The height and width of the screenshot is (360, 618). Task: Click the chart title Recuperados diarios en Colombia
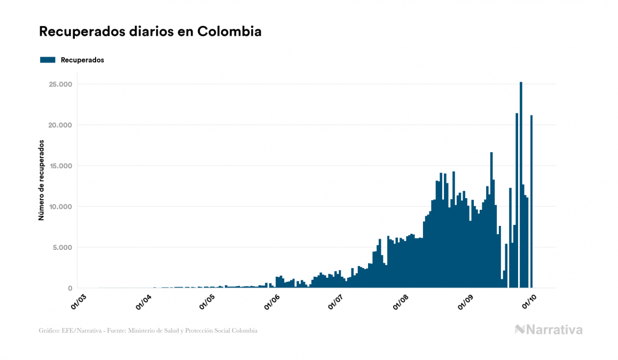[x=150, y=32]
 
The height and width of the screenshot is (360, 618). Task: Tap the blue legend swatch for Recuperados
[x=48, y=60]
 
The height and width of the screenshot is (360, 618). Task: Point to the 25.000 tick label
[x=60, y=84]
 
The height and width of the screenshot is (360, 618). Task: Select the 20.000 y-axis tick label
[x=60, y=125]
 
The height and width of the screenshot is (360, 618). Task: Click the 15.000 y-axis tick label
[x=60, y=166]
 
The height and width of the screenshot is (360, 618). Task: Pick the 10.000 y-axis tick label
[x=60, y=207]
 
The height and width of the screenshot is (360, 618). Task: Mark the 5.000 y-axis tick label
[x=62, y=247]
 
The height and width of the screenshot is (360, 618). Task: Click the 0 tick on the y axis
[x=69, y=288]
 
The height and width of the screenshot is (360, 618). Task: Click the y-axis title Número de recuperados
[x=41, y=181]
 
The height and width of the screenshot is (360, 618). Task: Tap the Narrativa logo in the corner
[x=549, y=330]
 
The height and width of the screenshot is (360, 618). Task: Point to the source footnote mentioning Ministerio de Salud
[x=148, y=331]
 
